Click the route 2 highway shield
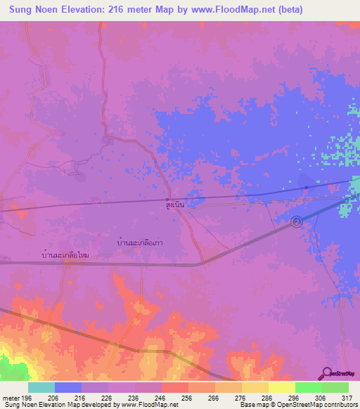(297, 222)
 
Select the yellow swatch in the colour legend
(281, 387)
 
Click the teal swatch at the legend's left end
(41, 387)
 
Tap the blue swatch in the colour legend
(68, 387)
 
